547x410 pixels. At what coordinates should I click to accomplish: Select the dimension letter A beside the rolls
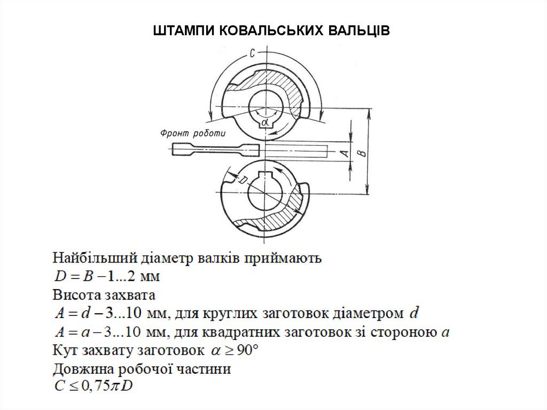click(x=345, y=153)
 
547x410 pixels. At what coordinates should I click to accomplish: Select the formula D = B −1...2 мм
click(x=107, y=277)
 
